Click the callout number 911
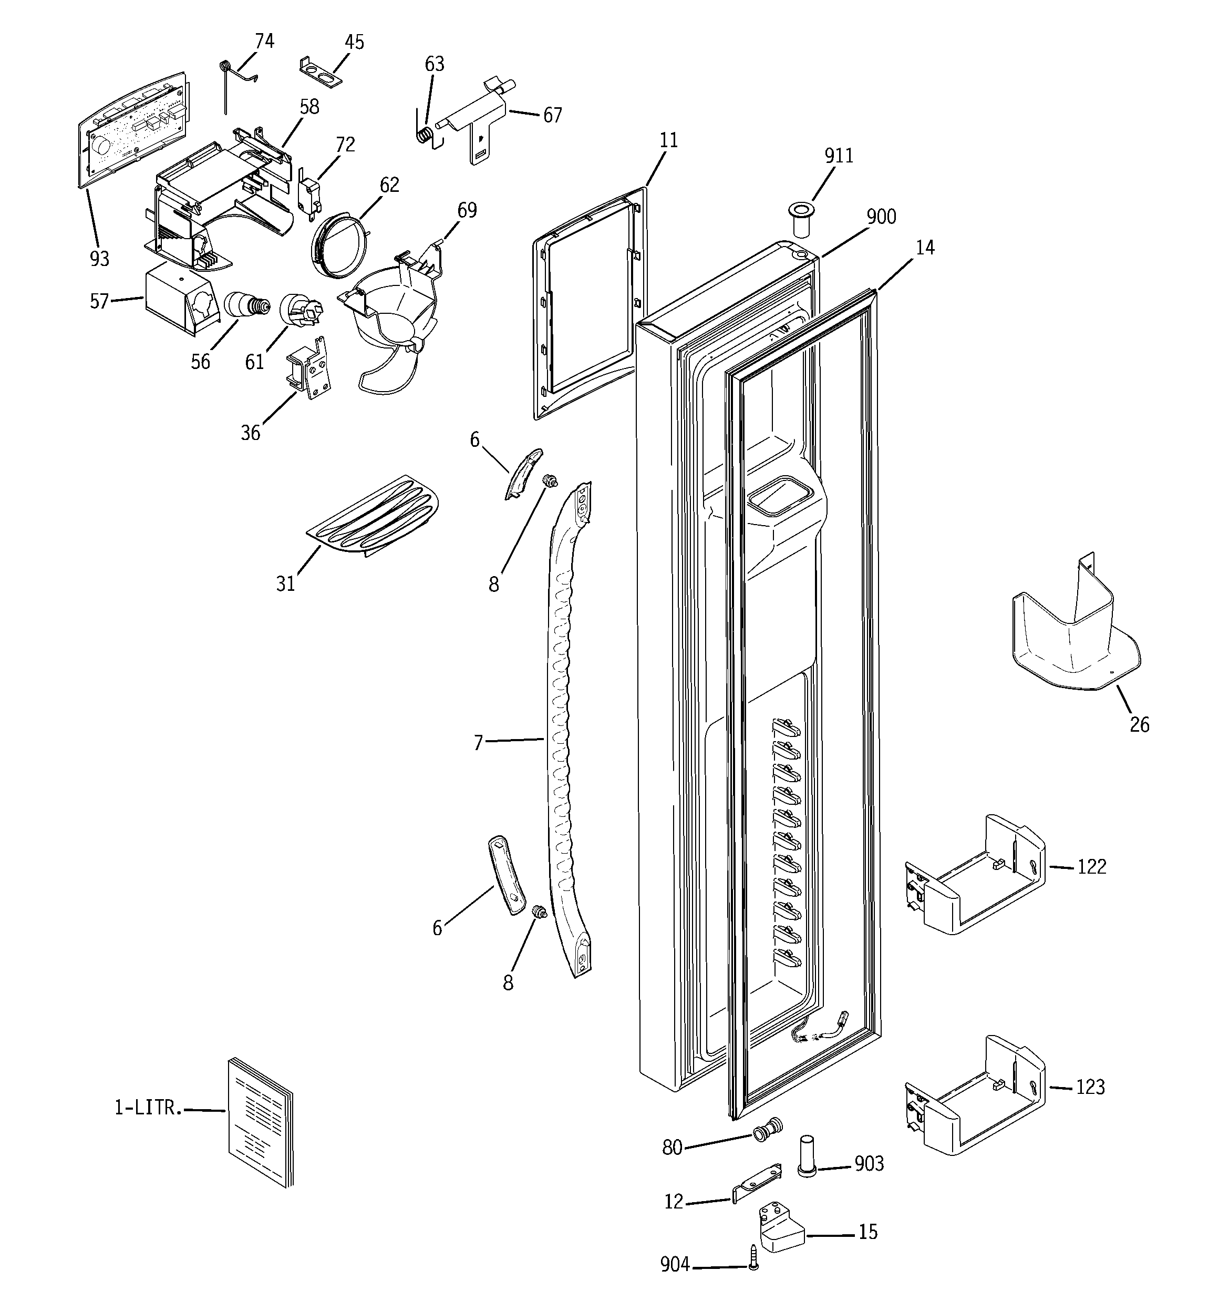point(838,156)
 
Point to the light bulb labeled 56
point(246,305)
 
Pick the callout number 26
point(1139,724)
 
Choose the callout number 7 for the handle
point(478,743)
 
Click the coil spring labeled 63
point(425,134)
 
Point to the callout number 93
point(99,259)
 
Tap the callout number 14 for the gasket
point(925,248)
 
